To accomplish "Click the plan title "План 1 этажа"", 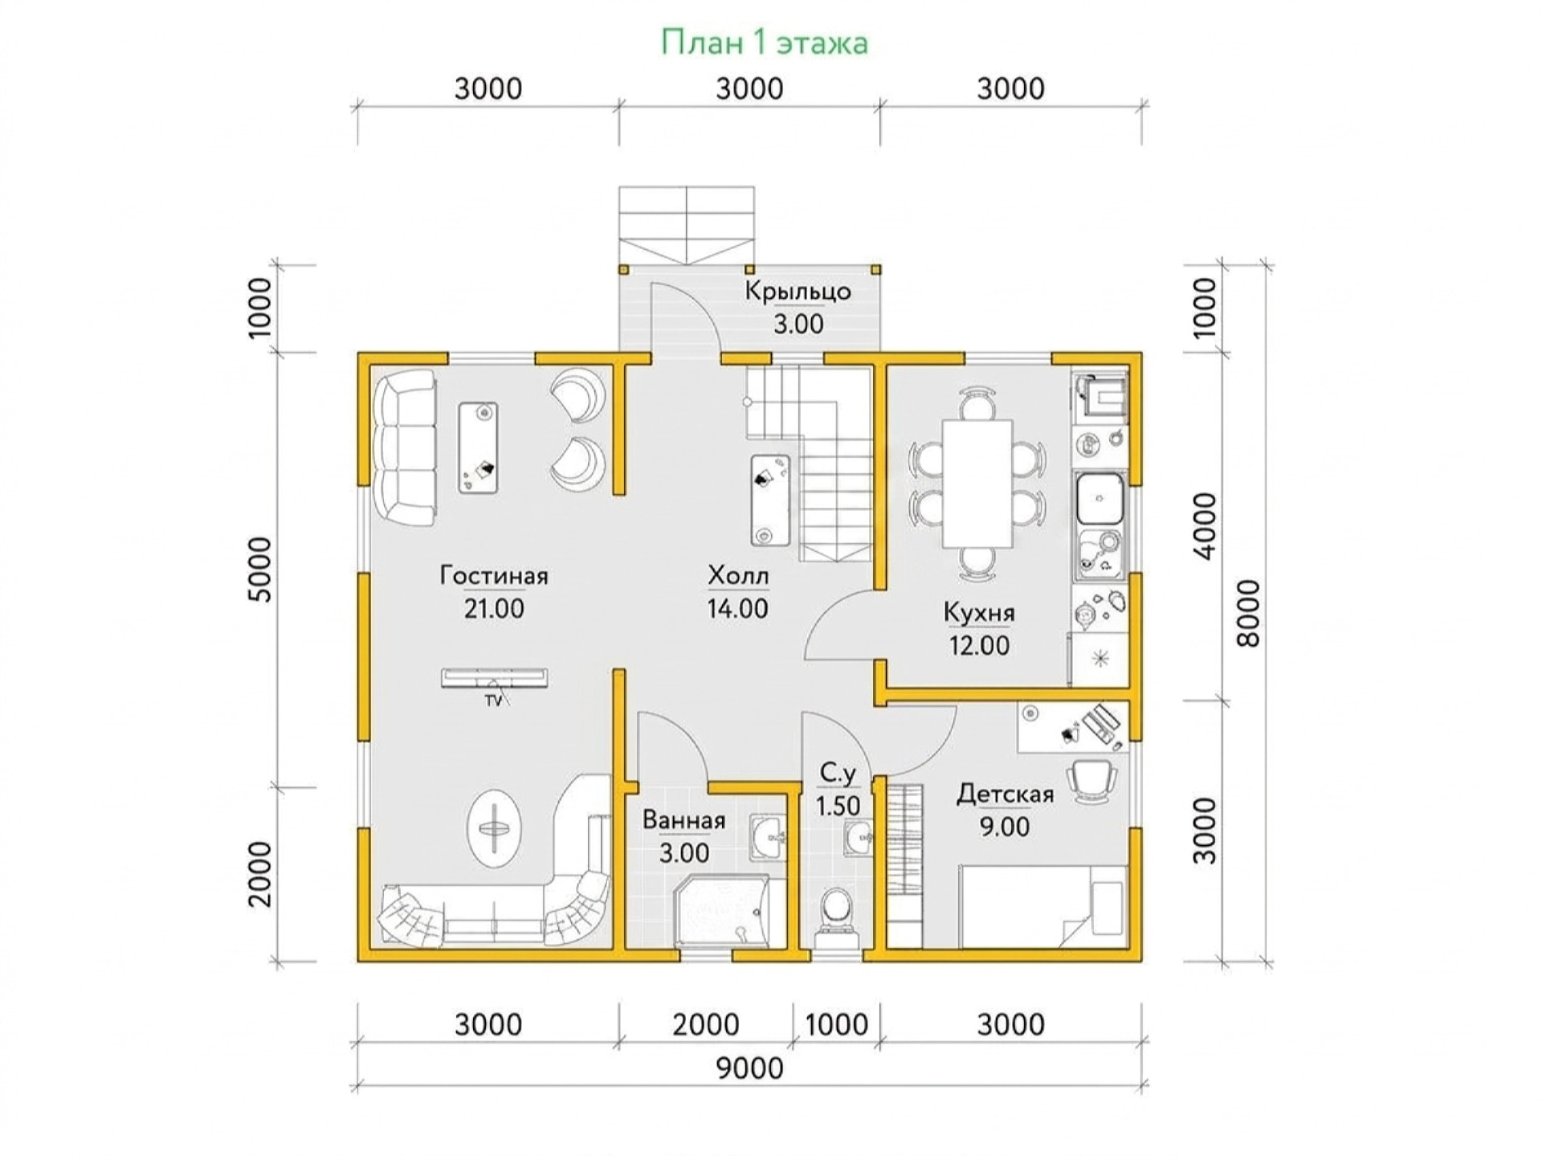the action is tap(764, 42).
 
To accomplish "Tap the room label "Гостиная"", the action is tap(494, 576).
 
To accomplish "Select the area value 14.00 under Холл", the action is tap(737, 609).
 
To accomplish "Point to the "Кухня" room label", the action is tap(979, 613).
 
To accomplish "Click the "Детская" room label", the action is tap(1005, 794).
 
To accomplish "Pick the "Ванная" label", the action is tap(684, 820).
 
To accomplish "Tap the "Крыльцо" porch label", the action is tap(798, 291).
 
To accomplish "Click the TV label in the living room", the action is tap(492, 701).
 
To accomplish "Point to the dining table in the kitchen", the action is tap(977, 484).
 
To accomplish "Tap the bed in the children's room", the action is tap(1044, 907).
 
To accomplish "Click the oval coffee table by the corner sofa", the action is tap(494, 828).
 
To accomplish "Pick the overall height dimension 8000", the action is tap(1249, 614).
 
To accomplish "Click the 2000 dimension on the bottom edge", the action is tap(706, 1024).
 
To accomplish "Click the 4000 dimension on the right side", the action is tap(1205, 526).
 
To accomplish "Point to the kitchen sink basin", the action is tap(1100, 499).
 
